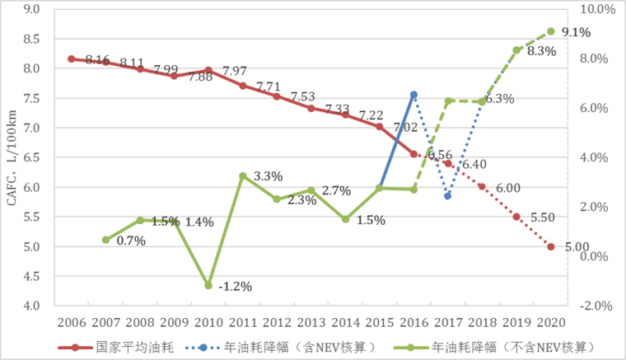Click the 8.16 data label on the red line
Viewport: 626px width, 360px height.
(97, 59)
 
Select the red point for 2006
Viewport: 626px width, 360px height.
(71, 58)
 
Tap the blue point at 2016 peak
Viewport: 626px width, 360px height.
(413, 95)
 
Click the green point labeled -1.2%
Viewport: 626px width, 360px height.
(208, 285)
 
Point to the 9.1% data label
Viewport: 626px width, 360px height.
(575, 33)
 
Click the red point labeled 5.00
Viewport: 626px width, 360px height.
(551, 246)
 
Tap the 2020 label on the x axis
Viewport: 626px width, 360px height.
(551, 321)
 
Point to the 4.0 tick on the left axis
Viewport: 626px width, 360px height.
(33, 306)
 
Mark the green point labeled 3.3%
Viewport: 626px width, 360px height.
(242, 175)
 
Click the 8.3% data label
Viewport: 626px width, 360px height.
(541, 50)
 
